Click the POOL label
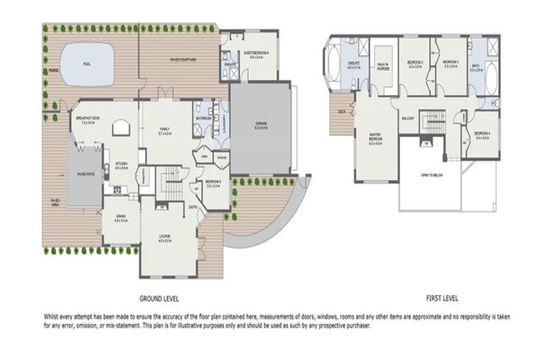(86, 64)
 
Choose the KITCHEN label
(122, 164)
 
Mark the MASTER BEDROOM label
(375, 138)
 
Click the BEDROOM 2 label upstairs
(415, 63)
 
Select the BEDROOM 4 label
(484, 134)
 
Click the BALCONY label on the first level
(408, 118)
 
